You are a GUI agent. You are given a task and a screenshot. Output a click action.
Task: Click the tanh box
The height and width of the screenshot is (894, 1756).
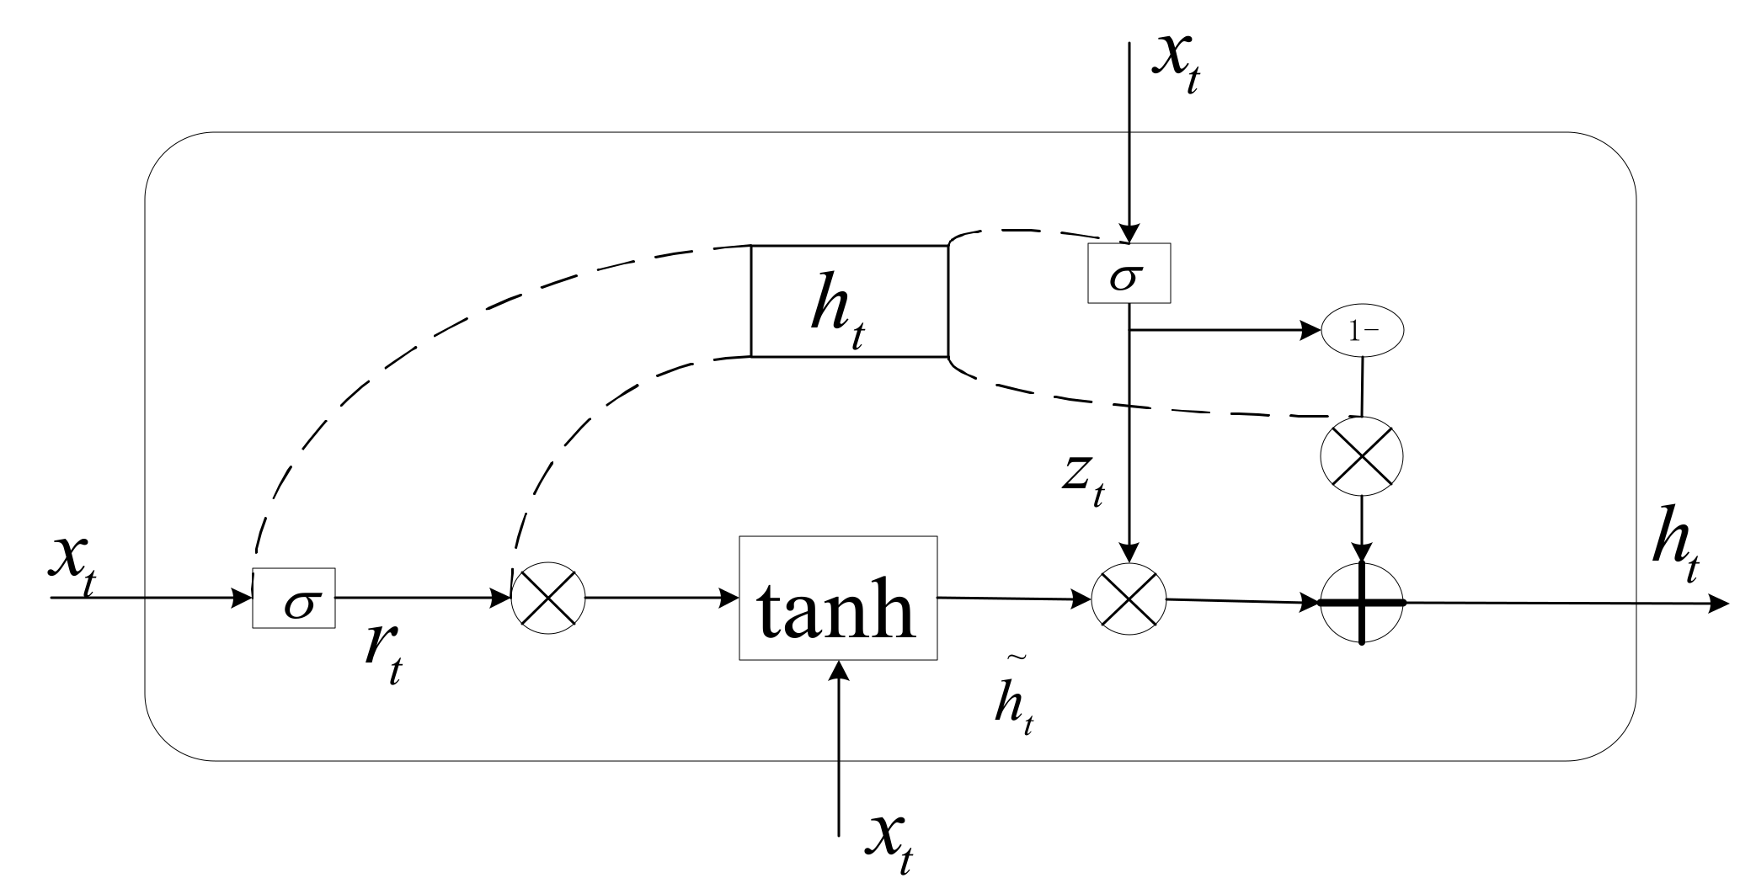click(838, 599)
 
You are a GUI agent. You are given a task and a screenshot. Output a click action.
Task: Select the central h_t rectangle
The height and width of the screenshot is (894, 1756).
click(849, 301)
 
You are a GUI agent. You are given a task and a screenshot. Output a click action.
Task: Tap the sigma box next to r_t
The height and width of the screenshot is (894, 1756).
click(294, 599)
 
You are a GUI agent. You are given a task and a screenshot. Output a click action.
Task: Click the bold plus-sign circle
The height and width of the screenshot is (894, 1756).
click(1362, 603)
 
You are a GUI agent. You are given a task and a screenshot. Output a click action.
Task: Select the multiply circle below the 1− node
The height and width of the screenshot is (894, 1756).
click(1362, 457)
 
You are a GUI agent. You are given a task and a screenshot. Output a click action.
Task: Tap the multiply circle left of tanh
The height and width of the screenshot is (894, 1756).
click(548, 599)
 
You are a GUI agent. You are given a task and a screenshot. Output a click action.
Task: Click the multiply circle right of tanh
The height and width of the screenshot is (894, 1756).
click(1129, 599)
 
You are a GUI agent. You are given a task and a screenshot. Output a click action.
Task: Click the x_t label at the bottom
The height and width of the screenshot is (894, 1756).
click(889, 842)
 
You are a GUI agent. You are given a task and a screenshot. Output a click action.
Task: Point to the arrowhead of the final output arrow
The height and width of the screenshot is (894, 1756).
click(1718, 604)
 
